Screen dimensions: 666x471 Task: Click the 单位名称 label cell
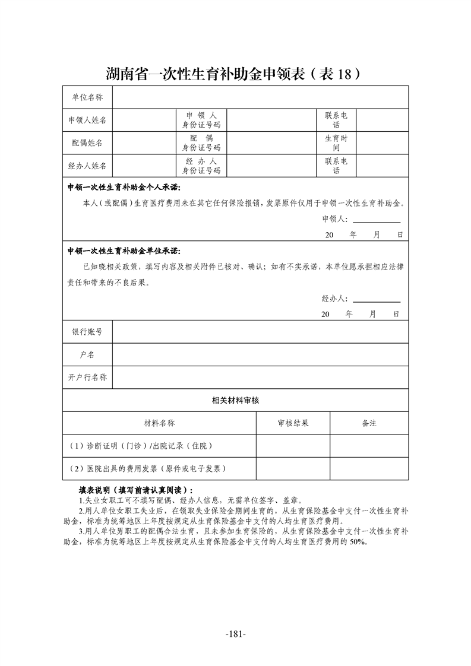pyautogui.click(x=87, y=97)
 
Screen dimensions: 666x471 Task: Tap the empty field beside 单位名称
pyautogui.click(x=260, y=97)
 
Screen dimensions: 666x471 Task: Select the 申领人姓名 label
pyautogui.click(x=87, y=120)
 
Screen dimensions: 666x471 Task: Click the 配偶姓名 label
pyautogui.click(x=87, y=142)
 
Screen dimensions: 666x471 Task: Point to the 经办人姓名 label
pyautogui.click(x=87, y=166)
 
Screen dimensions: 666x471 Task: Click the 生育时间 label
pyautogui.click(x=336, y=142)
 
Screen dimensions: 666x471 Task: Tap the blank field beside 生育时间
pyautogui.click(x=382, y=142)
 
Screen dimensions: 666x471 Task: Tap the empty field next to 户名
pyautogui.click(x=260, y=354)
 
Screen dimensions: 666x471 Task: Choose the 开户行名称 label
pyautogui.click(x=87, y=377)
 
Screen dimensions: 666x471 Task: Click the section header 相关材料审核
pyautogui.click(x=235, y=401)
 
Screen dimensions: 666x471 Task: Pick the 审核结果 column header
pyautogui.click(x=293, y=423)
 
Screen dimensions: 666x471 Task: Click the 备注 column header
pyautogui.click(x=369, y=423)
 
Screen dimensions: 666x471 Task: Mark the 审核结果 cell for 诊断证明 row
pyautogui.click(x=293, y=445)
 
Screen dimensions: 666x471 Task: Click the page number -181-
pyautogui.click(x=236, y=635)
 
